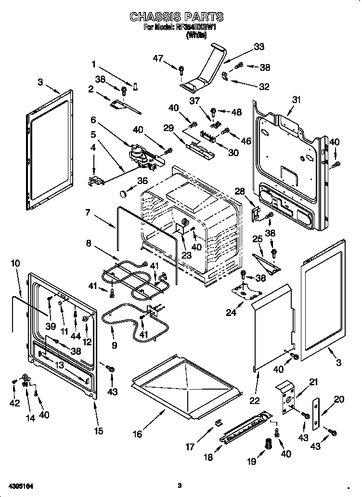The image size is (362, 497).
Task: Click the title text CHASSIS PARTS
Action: click(x=177, y=17)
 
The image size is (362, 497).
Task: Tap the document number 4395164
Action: click(x=21, y=485)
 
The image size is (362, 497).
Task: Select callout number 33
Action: click(x=259, y=47)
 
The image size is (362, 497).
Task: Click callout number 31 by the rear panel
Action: click(x=296, y=100)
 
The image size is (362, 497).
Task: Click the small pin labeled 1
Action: click(x=136, y=86)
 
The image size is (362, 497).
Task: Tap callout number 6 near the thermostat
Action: click(x=93, y=119)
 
